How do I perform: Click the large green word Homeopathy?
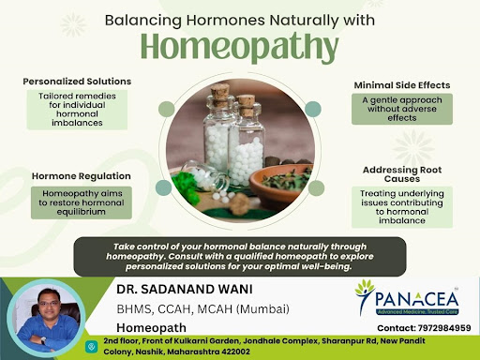(x=239, y=47)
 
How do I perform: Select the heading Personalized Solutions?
(x=77, y=82)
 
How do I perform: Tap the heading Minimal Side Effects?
(x=402, y=85)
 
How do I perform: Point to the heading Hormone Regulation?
(x=82, y=176)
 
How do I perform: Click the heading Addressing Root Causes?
(x=402, y=174)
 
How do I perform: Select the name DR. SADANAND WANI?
(x=185, y=290)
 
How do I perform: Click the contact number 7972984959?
(x=444, y=328)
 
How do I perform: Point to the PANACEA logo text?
(x=416, y=299)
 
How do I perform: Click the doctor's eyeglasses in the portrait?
(x=48, y=304)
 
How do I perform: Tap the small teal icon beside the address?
(x=91, y=347)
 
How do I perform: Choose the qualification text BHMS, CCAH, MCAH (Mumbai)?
(x=202, y=309)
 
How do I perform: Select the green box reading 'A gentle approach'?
(x=402, y=109)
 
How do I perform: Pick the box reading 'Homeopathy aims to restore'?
(x=82, y=202)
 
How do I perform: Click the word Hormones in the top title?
(x=225, y=21)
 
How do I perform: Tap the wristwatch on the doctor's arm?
(x=43, y=341)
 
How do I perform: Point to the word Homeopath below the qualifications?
(x=151, y=328)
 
